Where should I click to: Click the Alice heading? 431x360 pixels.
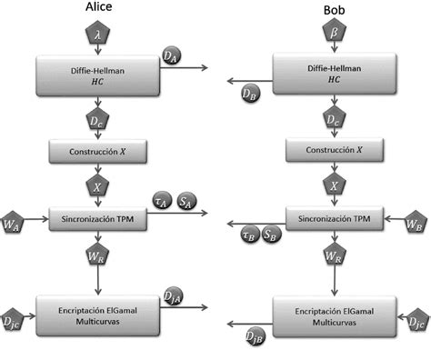[97, 10]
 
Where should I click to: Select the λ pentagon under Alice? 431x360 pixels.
[98, 35]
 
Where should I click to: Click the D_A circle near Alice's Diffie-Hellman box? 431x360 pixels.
[170, 57]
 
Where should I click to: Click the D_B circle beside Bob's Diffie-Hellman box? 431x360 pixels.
[250, 93]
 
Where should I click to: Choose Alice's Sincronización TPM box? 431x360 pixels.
[98, 220]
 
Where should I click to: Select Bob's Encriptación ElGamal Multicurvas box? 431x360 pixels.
[334, 315]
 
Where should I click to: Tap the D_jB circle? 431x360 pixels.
[256, 338]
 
